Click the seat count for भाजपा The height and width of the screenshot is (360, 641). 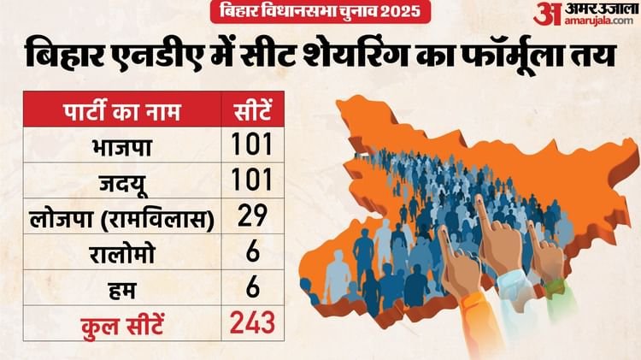(251, 145)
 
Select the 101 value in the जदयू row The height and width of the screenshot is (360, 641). (251, 180)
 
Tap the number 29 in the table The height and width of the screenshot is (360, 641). (251, 215)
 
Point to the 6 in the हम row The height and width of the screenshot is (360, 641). (251, 287)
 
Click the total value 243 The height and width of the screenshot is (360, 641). (251, 323)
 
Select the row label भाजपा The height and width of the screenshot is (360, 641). (118, 145)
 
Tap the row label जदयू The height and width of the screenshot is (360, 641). (118, 180)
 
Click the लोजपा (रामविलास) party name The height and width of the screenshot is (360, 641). (118, 215)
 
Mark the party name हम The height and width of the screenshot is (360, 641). (118, 287)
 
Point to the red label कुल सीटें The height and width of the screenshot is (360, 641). (118, 323)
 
